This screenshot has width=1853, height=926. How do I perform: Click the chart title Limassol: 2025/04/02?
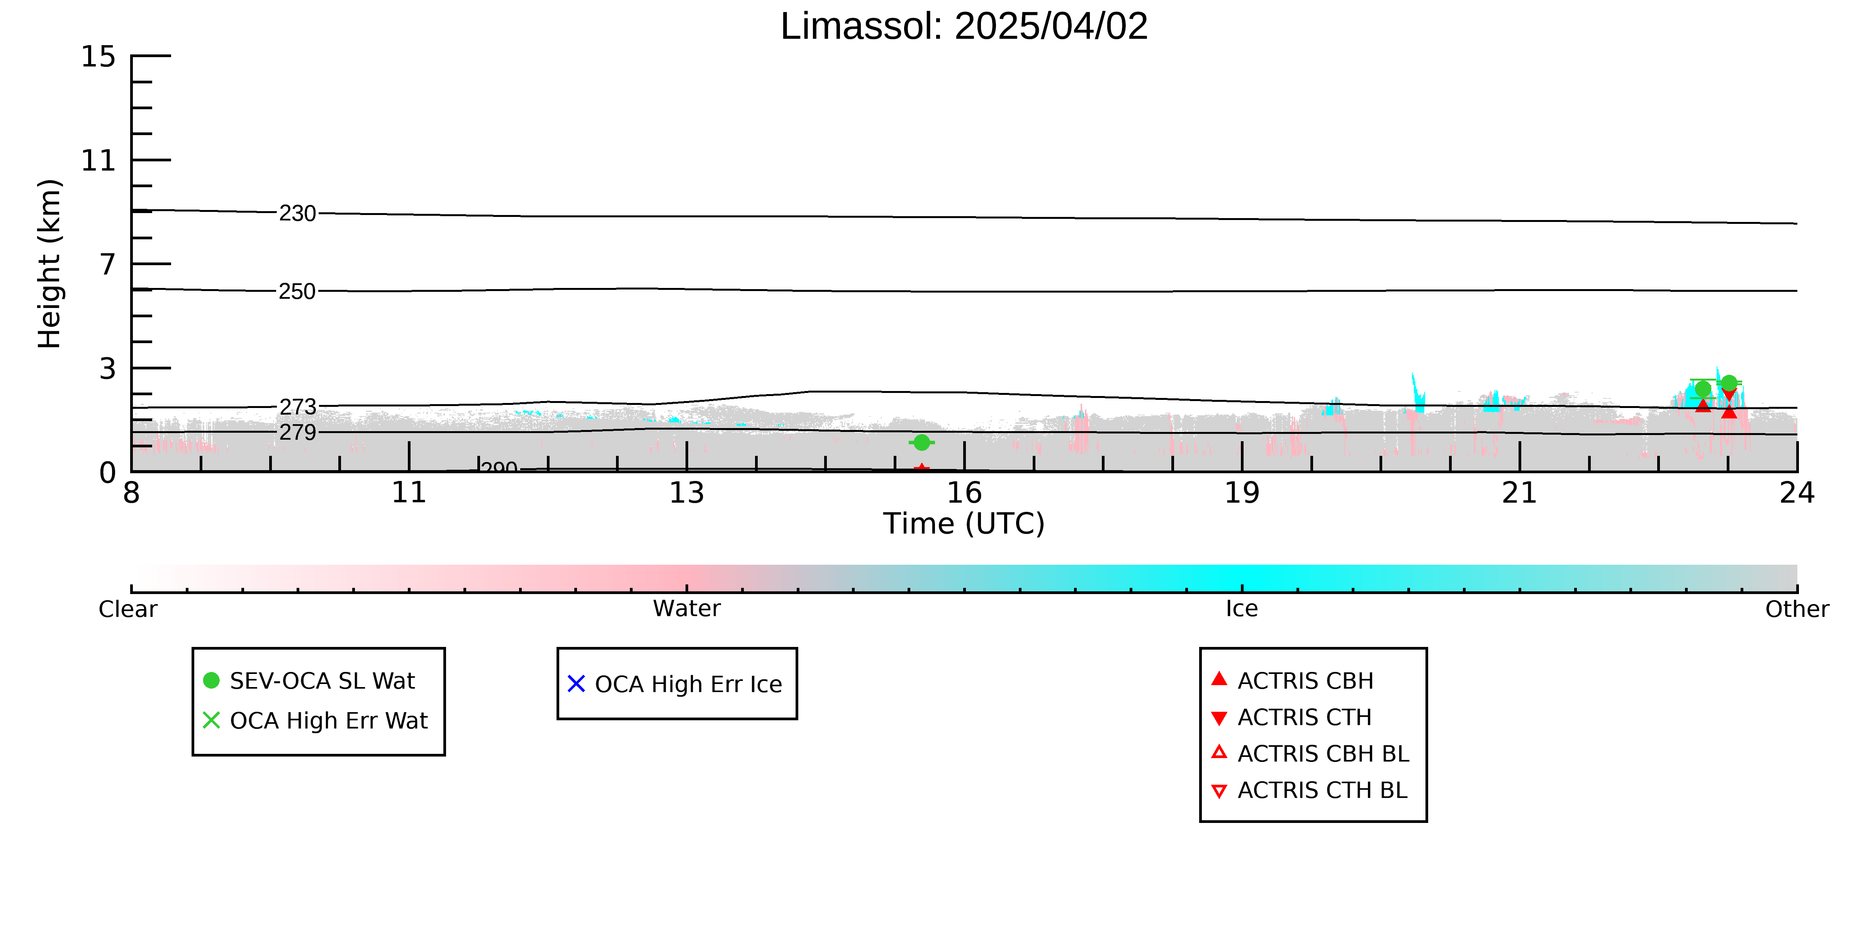pyautogui.click(x=964, y=27)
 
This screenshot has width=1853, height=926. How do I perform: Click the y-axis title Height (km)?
pyautogui.click(x=50, y=264)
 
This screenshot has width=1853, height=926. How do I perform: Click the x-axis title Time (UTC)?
pyautogui.click(x=964, y=523)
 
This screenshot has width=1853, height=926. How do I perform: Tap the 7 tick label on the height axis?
pyautogui.click(x=108, y=264)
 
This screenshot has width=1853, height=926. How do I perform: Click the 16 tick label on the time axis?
pyautogui.click(x=964, y=493)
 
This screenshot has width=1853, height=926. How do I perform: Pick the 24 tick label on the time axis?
pyautogui.click(x=1797, y=493)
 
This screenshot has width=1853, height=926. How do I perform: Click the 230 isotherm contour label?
pyautogui.click(x=298, y=213)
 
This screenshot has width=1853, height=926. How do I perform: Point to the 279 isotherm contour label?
pyautogui.click(x=298, y=432)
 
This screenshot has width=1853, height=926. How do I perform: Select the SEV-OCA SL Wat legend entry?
pyautogui.click(x=309, y=681)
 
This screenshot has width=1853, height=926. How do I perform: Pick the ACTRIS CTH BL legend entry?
pyautogui.click(x=1309, y=790)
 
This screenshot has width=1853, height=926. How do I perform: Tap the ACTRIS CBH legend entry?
pyautogui.click(x=1293, y=681)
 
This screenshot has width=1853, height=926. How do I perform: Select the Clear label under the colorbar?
pyautogui.click(x=128, y=609)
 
